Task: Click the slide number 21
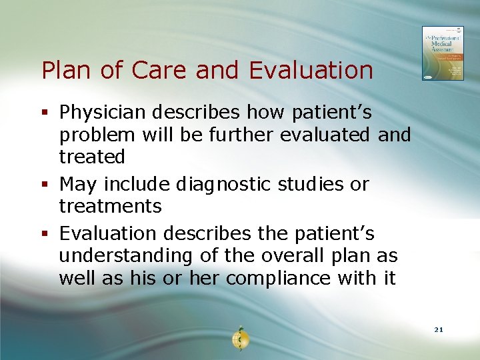(438, 329)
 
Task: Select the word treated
(92, 157)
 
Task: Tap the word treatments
(110, 206)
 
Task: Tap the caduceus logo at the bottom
(239, 338)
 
